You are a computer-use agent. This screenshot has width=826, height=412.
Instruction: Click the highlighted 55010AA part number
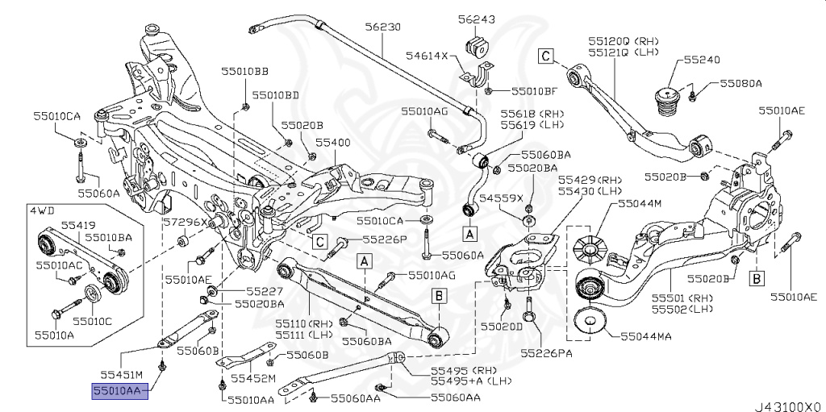[x=118, y=390]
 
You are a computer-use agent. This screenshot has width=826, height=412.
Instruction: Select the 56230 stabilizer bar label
[x=382, y=27]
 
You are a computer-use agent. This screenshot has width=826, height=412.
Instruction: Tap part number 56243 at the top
[x=477, y=19]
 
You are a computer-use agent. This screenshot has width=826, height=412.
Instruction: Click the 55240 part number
[x=703, y=60]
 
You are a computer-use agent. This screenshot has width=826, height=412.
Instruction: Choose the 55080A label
[x=741, y=82]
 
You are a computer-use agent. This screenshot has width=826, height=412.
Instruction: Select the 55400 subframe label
[x=332, y=141]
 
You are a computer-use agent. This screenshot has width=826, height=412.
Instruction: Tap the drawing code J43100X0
[x=787, y=403]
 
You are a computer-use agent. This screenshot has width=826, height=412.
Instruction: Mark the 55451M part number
[x=121, y=374]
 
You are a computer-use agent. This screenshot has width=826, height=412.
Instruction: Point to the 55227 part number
[x=263, y=290]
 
